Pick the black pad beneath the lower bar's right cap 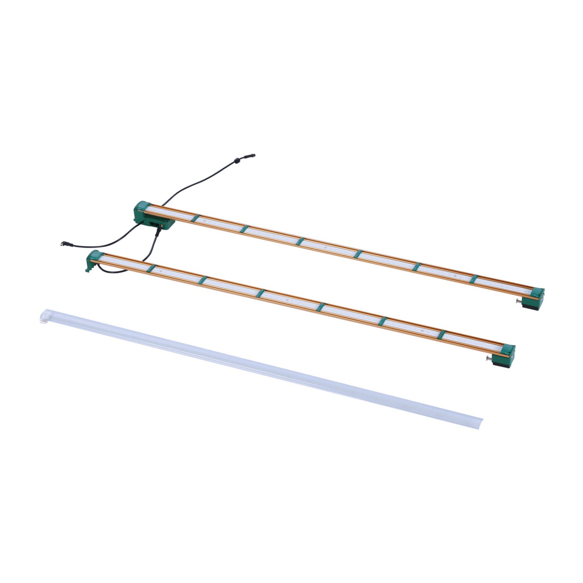(501, 363)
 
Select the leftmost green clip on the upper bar (195, 218)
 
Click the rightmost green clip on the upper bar (473, 279)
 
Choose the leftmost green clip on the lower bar (152, 268)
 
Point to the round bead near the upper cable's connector (236, 160)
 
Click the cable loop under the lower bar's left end (117, 271)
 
